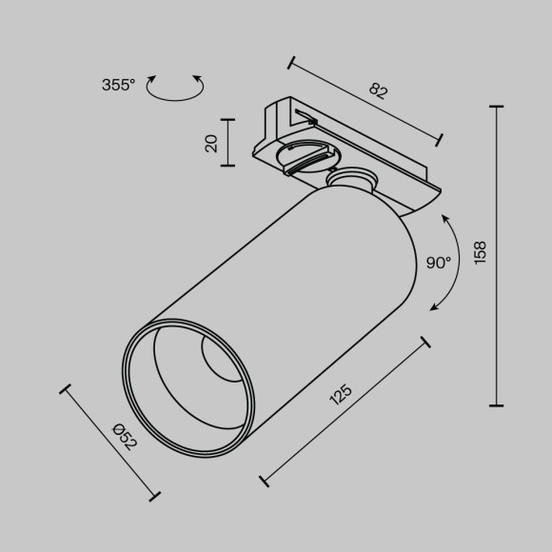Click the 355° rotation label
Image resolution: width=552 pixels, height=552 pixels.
click(x=119, y=86)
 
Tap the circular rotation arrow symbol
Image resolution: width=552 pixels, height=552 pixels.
click(x=176, y=87)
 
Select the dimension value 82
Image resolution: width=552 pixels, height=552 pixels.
click(x=379, y=91)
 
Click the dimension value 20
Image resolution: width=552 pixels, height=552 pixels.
click(x=211, y=143)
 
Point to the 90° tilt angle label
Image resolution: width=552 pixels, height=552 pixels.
click(x=439, y=264)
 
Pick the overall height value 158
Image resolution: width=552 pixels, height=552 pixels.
click(x=481, y=253)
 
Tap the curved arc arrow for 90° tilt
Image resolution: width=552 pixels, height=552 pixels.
click(x=453, y=261)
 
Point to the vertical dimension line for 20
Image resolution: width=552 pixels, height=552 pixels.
click(x=227, y=143)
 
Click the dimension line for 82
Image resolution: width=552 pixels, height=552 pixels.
click(x=365, y=102)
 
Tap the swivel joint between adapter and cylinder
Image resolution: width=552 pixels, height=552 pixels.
click(x=353, y=180)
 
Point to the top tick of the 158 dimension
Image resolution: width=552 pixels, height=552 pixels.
click(x=496, y=108)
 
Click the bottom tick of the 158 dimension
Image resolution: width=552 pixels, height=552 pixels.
click(x=496, y=405)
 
